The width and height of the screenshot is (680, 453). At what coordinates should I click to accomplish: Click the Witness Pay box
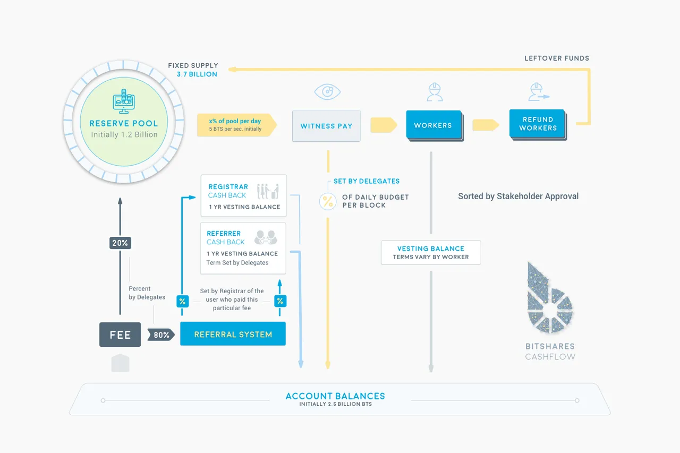point(326,126)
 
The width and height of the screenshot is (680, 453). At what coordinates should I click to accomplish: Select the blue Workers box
point(434,125)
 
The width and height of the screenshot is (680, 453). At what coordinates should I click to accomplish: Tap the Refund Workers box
point(538,124)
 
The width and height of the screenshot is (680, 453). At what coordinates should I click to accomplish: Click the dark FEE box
point(120,335)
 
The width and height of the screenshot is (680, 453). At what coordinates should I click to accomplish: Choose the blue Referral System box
point(233,334)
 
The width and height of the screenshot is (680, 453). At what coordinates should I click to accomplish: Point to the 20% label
point(120,243)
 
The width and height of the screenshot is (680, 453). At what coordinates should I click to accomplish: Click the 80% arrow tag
point(161,335)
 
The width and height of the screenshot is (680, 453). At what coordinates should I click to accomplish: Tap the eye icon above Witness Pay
point(327,92)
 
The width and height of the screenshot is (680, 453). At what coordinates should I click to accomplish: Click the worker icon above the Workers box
point(435,92)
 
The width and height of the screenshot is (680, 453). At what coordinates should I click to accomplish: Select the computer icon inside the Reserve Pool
point(124,101)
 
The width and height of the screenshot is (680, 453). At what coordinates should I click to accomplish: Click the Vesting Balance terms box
point(431,252)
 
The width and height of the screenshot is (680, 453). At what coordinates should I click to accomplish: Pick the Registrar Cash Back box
point(243,196)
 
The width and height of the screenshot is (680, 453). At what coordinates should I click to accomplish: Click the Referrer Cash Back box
point(243,248)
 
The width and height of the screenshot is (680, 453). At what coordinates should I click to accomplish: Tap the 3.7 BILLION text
point(197,74)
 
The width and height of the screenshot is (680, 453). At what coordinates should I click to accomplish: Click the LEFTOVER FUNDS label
point(557,58)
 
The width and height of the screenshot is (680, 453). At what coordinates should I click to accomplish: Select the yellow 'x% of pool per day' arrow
point(237,125)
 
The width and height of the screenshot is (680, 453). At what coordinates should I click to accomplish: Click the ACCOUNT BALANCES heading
point(335,396)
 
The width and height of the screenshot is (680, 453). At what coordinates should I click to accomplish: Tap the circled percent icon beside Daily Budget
point(328,201)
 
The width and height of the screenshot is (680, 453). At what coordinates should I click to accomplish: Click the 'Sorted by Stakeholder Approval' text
point(518,196)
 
